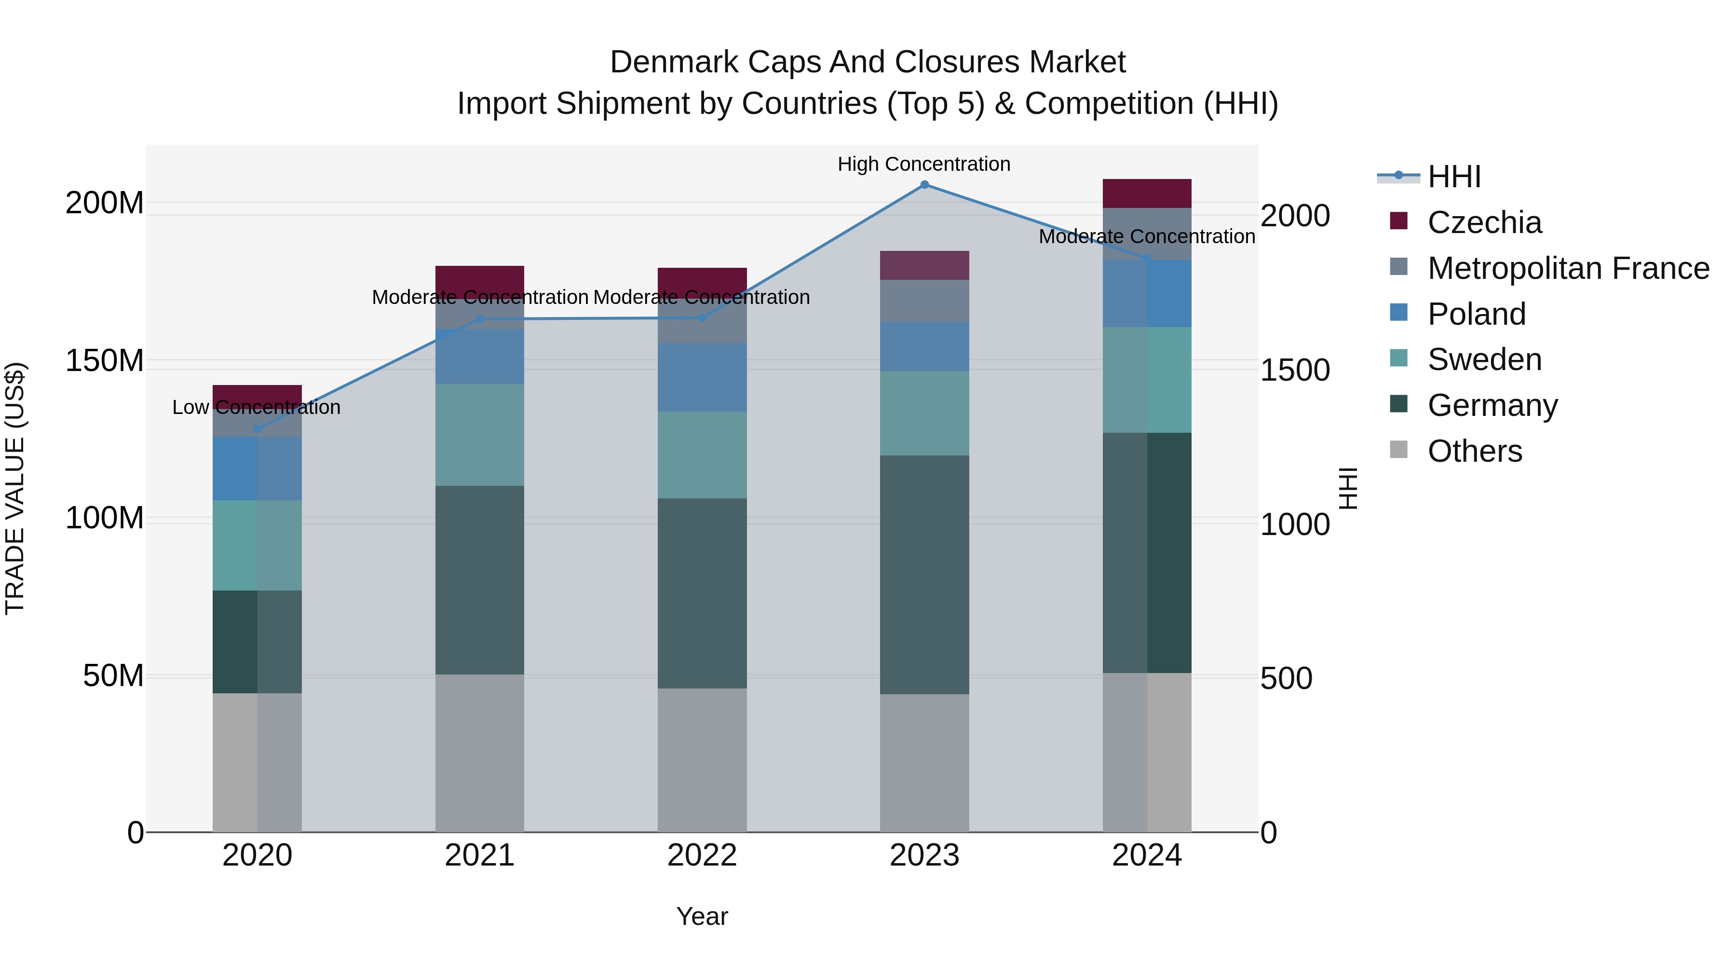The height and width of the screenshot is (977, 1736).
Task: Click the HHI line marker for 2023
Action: click(x=924, y=185)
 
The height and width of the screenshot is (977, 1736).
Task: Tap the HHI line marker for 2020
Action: click(x=257, y=429)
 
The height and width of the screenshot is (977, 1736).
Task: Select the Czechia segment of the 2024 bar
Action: click(x=1147, y=193)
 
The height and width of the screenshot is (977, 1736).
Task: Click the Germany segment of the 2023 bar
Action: click(x=924, y=575)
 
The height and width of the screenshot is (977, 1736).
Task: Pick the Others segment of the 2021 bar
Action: click(x=479, y=753)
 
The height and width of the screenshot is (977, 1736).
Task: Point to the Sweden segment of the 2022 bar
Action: click(x=702, y=455)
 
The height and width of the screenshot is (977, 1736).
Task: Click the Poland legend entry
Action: click(x=1476, y=314)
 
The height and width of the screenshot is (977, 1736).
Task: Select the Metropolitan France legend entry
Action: click(x=1568, y=268)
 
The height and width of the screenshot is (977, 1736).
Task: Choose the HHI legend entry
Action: click(x=1453, y=177)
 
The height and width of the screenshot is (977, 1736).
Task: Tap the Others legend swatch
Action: click(x=1399, y=450)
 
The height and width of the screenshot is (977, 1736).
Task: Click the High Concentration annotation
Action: click(x=924, y=164)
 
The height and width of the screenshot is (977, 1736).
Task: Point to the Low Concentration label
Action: click(x=256, y=407)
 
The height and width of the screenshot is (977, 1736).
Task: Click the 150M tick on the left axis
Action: click(x=105, y=361)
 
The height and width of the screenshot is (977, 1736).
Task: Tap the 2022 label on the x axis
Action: click(x=702, y=855)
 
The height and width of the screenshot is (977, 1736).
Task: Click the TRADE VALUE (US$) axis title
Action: click(x=15, y=488)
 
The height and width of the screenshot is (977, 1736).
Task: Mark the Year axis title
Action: click(x=702, y=916)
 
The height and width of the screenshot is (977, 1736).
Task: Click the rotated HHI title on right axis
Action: click(x=1347, y=488)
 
